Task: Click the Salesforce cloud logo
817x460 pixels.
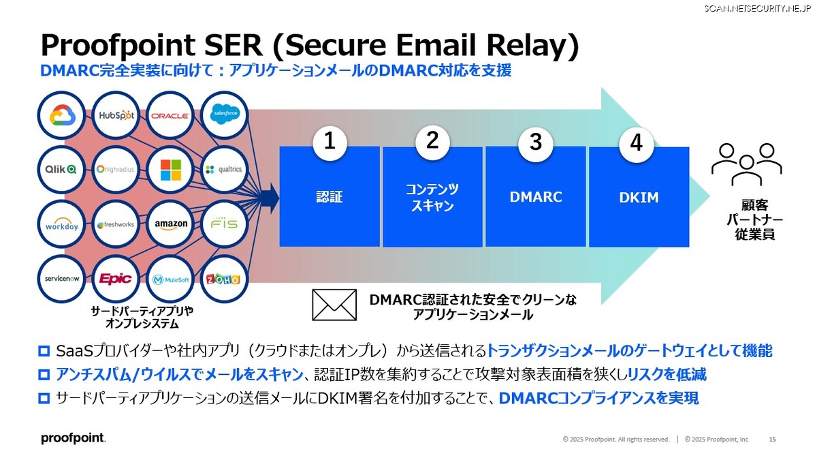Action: point(225,114)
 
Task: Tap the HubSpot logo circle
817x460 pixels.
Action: point(116,115)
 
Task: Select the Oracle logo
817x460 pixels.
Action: point(170,116)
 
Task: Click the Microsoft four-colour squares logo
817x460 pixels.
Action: point(171,170)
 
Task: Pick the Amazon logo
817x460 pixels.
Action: point(171,224)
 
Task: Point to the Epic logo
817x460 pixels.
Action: point(115,279)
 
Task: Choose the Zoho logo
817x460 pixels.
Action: point(223,279)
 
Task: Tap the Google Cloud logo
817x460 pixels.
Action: point(62,115)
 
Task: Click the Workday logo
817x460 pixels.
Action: point(62,226)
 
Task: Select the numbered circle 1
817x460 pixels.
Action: point(330,142)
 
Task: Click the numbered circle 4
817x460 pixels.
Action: point(636,143)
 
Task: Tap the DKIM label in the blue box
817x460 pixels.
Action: point(639,198)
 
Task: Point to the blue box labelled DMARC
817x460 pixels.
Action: point(536,197)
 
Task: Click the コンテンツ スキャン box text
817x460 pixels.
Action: point(432,197)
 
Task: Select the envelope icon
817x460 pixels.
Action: point(334,305)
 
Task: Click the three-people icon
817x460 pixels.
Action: point(747,164)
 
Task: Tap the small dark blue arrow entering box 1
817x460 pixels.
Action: point(271,198)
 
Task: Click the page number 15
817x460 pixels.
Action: point(772,439)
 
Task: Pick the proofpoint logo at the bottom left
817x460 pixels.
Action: point(74,438)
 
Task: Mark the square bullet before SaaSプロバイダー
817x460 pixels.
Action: point(44,351)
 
